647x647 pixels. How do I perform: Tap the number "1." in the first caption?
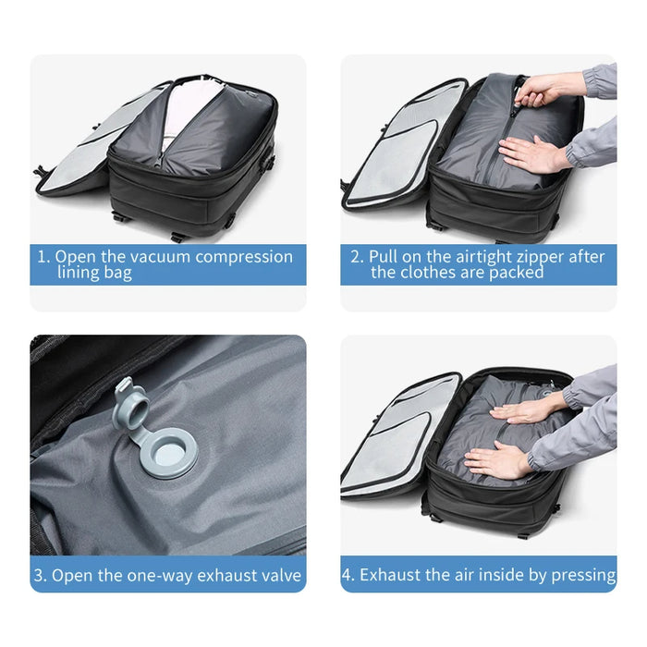pos(43,256)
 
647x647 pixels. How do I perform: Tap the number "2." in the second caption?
pos(357,256)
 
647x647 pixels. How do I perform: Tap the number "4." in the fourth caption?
pos(349,575)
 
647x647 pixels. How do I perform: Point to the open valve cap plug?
pos(127,408)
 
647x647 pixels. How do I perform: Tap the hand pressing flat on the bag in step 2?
pos(531,153)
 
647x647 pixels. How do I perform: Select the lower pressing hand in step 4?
pos(499,459)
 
